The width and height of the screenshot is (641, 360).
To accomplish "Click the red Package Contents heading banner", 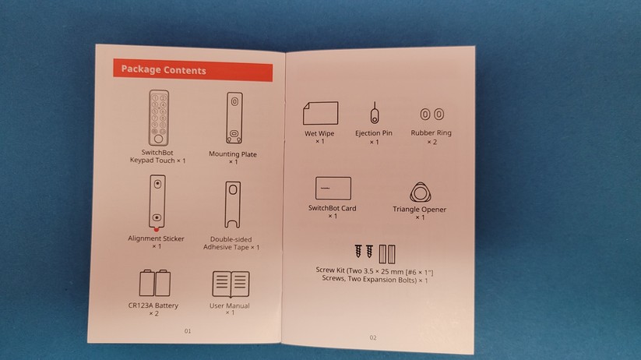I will click(x=192, y=70).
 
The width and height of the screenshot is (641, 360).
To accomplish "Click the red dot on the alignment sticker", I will click(x=157, y=229).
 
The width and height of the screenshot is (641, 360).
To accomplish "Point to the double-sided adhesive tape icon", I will click(x=231, y=206).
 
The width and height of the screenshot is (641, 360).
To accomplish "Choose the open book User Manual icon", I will click(x=230, y=284).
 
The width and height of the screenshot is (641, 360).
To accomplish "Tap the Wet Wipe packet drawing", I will click(x=320, y=113).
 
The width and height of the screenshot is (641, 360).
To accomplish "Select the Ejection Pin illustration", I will click(x=374, y=114).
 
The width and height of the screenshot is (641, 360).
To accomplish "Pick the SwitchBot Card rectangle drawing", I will click(x=333, y=189).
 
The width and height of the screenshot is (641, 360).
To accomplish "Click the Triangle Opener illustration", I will click(x=420, y=192).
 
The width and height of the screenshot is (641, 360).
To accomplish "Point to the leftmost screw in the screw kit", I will click(x=360, y=252).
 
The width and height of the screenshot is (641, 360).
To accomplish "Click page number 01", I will click(x=188, y=331).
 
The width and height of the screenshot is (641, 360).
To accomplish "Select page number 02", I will click(x=372, y=337).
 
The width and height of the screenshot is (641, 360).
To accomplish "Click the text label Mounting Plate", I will click(x=233, y=154).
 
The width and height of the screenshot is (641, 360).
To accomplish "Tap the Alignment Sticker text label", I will click(x=156, y=238).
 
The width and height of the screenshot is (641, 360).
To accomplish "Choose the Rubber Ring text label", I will click(x=431, y=133).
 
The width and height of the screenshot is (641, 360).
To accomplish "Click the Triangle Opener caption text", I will click(x=420, y=209).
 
